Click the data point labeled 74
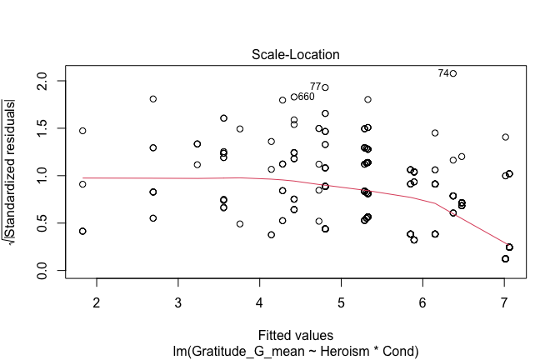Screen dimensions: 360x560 pyautogui.click(x=453, y=73)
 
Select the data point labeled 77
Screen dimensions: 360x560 pyautogui.click(x=325, y=87)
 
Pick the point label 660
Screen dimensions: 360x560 pyautogui.click(x=306, y=97)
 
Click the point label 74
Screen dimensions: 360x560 pyautogui.click(x=442, y=73)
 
